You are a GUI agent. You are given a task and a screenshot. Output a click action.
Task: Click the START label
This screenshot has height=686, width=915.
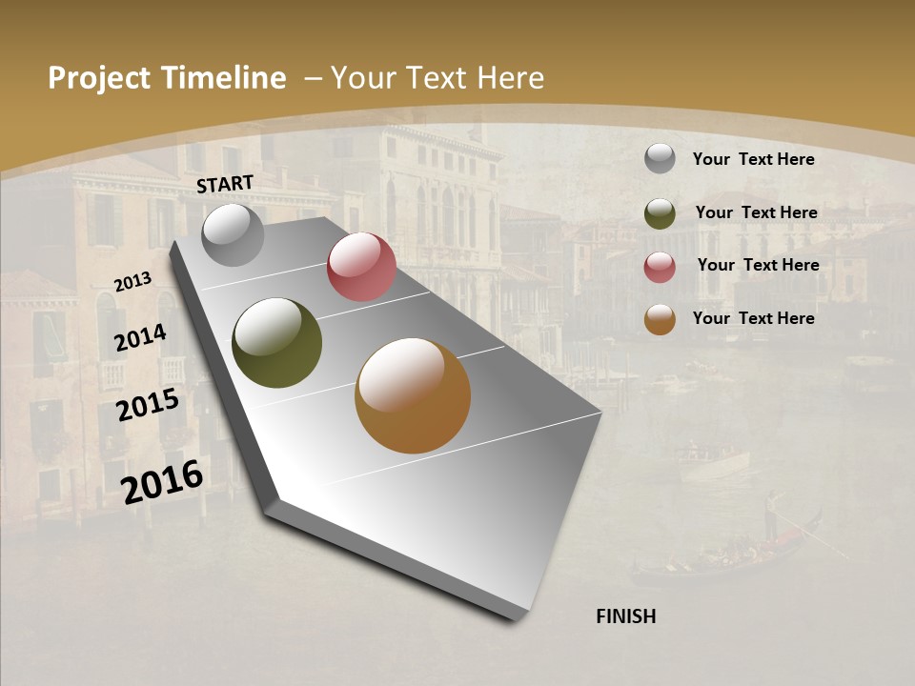click(x=225, y=184)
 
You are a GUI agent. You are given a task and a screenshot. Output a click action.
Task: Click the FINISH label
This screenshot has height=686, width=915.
click(x=625, y=616)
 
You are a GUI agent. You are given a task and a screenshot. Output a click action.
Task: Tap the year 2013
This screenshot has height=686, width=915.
click(x=132, y=282)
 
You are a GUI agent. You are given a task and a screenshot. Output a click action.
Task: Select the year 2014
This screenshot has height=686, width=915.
click(x=140, y=337)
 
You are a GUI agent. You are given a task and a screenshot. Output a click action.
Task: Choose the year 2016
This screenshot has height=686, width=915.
click(x=162, y=481)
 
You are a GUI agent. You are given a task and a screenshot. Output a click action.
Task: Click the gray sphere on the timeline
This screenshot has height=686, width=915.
click(x=234, y=234)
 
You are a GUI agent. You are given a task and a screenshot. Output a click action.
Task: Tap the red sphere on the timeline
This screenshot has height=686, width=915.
click(x=361, y=267)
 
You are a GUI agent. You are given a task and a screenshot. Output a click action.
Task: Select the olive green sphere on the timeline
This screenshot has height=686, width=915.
click(x=277, y=343)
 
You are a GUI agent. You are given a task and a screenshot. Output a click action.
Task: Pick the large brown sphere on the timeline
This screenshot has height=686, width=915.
click(x=413, y=395)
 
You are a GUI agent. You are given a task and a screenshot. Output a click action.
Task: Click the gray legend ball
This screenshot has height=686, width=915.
click(x=660, y=158)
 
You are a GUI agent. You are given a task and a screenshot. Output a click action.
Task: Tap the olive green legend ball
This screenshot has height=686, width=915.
click(x=660, y=213)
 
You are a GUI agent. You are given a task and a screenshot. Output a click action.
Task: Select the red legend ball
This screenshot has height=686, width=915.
click(x=660, y=267)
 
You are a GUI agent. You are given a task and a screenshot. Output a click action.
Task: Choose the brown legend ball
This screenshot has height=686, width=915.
click(x=660, y=319)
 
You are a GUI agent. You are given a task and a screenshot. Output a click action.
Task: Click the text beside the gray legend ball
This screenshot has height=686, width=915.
click(x=753, y=159)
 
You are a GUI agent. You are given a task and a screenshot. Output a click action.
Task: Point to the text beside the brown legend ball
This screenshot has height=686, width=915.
click(x=753, y=318)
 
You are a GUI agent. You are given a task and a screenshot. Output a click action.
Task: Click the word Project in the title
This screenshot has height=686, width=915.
click(x=99, y=78)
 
